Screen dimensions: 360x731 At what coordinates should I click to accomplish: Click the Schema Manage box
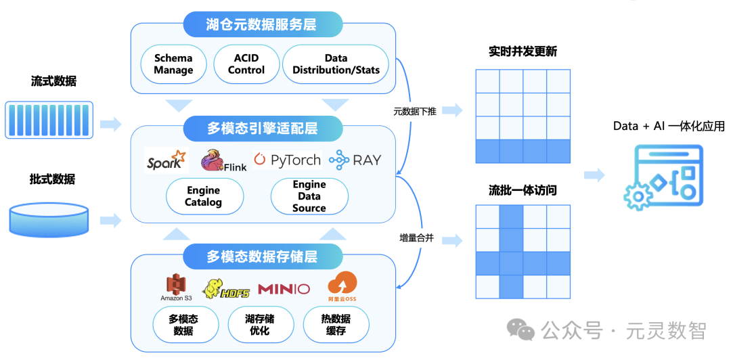coord(173,64)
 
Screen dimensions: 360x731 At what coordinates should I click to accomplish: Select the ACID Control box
coord(246,64)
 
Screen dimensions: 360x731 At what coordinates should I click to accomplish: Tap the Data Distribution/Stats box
coord(336,64)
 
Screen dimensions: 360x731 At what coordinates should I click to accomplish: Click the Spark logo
coord(165,161)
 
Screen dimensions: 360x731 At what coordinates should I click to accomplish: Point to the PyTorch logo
coord(287,160)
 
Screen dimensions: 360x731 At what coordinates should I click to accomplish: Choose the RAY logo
coord(355,160)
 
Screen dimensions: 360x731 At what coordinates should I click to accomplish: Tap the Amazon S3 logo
coord(176,288)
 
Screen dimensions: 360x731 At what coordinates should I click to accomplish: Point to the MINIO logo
coord(284,289)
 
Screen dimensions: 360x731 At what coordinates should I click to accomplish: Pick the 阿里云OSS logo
coord(342,286)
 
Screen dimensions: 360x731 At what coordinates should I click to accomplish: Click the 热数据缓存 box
coord(336,325)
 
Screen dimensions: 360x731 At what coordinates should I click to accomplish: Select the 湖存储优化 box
coord(260,325)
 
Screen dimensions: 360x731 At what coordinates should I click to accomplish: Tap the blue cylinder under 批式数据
coord(48,220)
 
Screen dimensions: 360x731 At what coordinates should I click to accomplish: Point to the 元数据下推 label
coord(414,112)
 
